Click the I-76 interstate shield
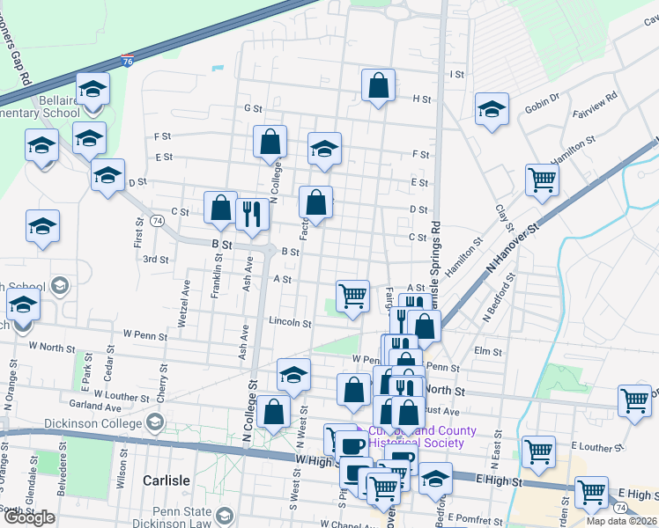tap(128, 62)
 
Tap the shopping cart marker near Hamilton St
tap(543, 180)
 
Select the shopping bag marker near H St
tap(378, 87)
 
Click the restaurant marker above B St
tap(252, 213)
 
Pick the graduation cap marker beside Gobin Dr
tap(492, 110)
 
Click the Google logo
tap(29, 517)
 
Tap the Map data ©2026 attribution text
tap(621, 521)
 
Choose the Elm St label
tap(487, 351)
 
